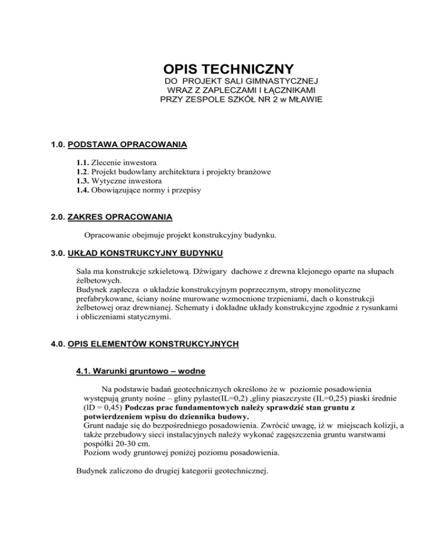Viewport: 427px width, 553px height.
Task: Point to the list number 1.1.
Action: pyautogui.click(x=84, y=162)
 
